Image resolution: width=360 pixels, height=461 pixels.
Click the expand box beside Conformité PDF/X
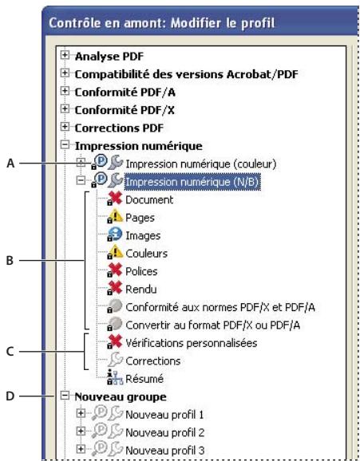pos(68,110)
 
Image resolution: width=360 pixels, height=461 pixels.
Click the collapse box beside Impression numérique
pos(68,145)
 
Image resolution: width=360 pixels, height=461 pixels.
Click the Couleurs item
pos(134,254)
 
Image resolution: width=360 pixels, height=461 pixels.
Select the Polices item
pos(130,271)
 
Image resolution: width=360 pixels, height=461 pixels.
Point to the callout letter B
pos(10,260)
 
